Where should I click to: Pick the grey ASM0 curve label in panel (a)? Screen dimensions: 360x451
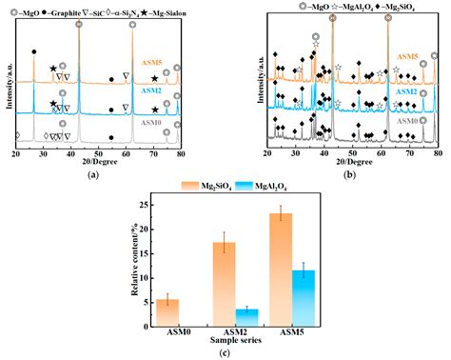click(x=148, y=122)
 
